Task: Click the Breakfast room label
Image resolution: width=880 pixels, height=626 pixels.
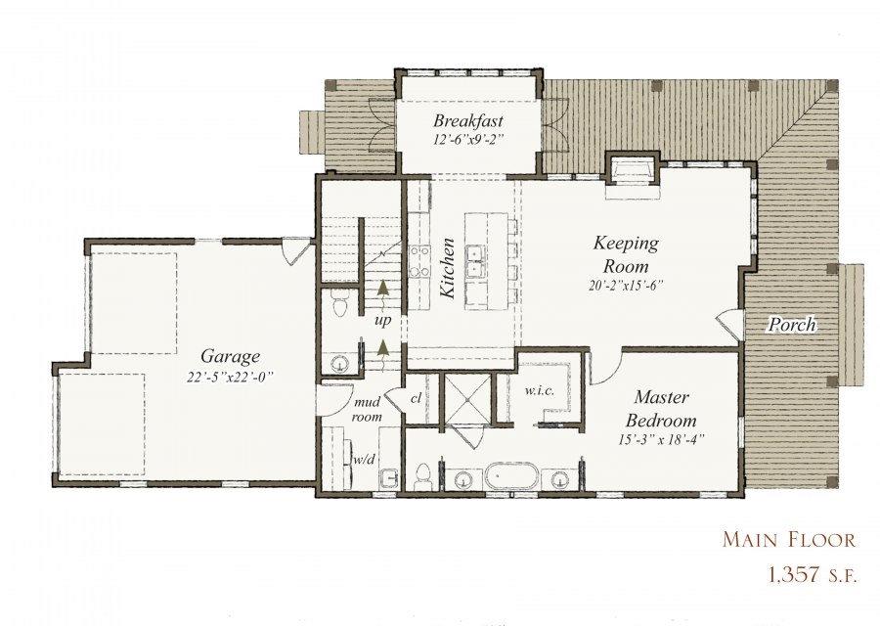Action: pyautogui.click(x=468, y=120)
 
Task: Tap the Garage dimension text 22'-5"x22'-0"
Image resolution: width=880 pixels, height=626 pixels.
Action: pyautogui.click(x=230, y=377)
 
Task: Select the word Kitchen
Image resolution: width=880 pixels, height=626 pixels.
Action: pyautogui.click(x=447, y=268)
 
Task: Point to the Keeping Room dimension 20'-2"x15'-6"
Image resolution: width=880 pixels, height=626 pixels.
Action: pyautogui.click(x=626, y=286)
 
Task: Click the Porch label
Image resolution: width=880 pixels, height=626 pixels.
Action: pyautogui.click(x=792, y=325)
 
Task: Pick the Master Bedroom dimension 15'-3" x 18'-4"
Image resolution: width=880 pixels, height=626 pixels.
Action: pyautogui.click(x=661, y=439)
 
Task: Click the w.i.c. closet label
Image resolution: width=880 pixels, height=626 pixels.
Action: pyautogui.click(x=540, y=390)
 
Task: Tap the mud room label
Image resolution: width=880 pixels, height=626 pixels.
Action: pyautogui.click(x=367, y=409)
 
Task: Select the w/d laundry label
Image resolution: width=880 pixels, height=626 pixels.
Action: pyautogui.click(x=364, y=460)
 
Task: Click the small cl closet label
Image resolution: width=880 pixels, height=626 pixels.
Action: pyautogui.click(x=416, y=399)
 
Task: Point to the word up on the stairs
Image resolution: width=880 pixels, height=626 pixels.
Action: pyautogui.click(x=382, y=321)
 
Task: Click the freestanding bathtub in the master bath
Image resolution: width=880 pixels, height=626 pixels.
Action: pyautogui.click(x=511, y=476)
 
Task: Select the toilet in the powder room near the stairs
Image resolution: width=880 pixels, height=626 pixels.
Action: pyautogui.click(x=339, y=304)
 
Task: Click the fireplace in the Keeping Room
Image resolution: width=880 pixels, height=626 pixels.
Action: pyautogui.click(x=632, y=168)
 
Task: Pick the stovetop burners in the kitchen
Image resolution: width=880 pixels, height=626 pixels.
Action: pyautogui.click(x=417, y=261)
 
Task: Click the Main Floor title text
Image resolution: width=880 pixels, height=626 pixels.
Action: pyautogui.click(x=788, y=540)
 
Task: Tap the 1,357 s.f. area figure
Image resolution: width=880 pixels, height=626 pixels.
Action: pyautogui.click(x=813, y=574)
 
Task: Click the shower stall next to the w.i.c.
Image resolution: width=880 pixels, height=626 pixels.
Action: pyautogui.click(x=467, y=399)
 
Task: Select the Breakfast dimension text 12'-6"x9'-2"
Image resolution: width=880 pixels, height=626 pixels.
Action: pyautogui.click(x=468, y=139)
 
